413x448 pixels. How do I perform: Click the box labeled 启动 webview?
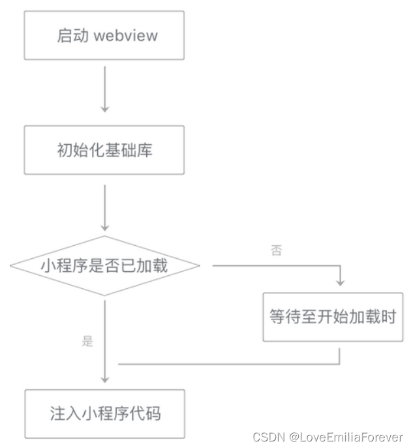(x=104, y=35)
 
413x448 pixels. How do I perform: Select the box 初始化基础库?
(x=104, y=151)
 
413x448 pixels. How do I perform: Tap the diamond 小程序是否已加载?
(x=104, y=265)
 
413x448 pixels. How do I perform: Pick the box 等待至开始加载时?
(x=332, y=317)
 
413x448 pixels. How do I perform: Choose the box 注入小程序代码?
(x=104, y=413)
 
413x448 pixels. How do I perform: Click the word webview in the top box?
(x=125, y=35)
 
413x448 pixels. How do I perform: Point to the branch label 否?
(x=276, y=250)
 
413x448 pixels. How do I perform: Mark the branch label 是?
(x=88, y=341)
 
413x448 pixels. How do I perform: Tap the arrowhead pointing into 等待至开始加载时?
(x=340, y=282)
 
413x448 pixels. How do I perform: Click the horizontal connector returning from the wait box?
(x=228, y=364)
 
